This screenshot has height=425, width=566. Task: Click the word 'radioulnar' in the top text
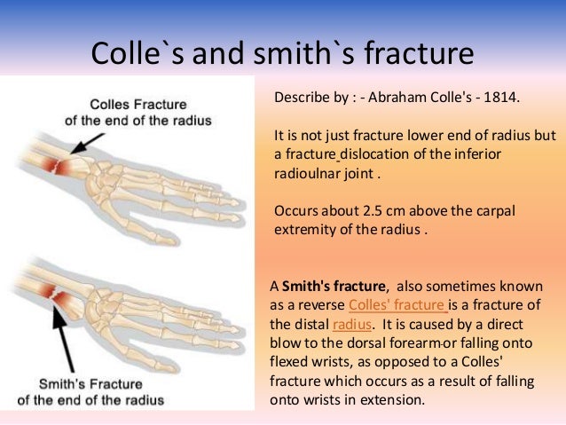[x=307, y=174]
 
